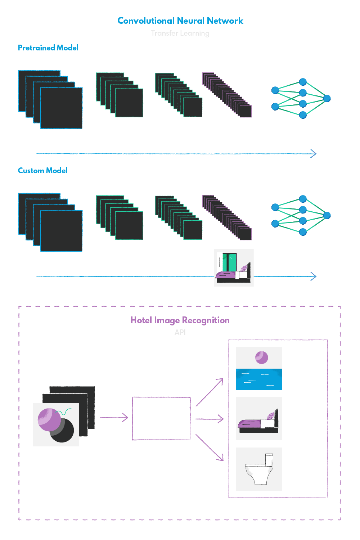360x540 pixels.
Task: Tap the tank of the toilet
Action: tap(269, 459)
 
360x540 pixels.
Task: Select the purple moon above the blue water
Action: tap(261, 357)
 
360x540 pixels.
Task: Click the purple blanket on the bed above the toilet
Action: tap(250, 423)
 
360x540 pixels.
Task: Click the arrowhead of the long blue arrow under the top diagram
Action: tap(317, 154)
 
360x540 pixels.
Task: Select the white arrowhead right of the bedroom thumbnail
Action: tap(313, 276)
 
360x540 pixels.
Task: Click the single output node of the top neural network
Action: tap(327, 98)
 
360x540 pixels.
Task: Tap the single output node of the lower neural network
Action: tap(327, 215)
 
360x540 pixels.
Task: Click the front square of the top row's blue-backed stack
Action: tap(61, 108)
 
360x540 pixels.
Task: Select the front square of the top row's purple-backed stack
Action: tap(246, 111)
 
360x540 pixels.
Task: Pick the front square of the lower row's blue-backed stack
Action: tap(61, 231)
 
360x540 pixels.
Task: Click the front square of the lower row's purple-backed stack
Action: tap(246, 234)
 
